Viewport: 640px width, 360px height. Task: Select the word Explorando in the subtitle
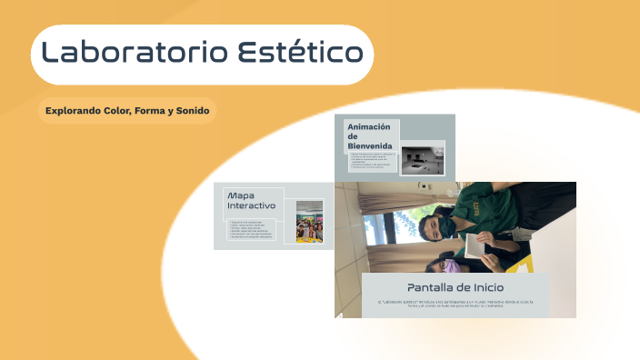point(74,111)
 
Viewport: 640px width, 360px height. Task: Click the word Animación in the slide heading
point(369,126)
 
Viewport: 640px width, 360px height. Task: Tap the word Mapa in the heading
point(241,195)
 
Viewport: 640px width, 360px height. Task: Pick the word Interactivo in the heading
point(251,205)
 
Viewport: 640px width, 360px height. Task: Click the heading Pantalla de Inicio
point(455,287)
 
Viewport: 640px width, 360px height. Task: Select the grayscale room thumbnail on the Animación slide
point(422,159)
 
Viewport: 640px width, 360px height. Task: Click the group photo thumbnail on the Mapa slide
point(310,222)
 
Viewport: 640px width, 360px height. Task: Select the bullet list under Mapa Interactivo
point(256,230)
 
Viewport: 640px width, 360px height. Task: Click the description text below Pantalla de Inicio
point(455,304)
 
